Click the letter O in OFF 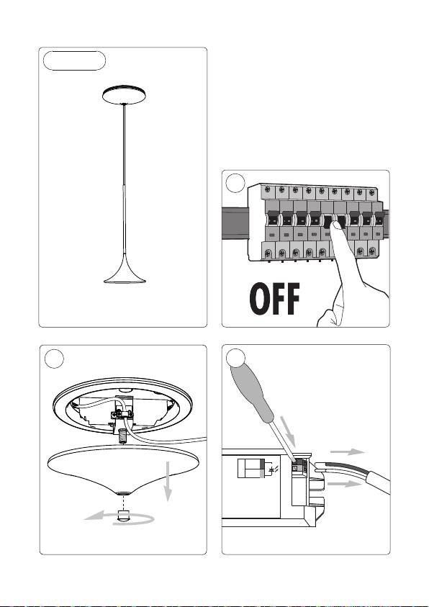(x=260, y=299)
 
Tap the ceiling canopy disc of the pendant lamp (x=124, y=95)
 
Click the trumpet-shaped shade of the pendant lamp (x=125, y=272)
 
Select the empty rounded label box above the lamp (x=74, y=60)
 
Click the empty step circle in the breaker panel (x=235, y=183)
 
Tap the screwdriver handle (x=252, y=393)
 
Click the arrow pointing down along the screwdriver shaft (x=288, y=431)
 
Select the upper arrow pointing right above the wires (x=348, y=451)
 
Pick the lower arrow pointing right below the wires (x=344, y=484)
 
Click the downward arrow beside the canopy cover (x=168, y=481)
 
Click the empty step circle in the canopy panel (x=54, y=359)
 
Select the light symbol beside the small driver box (x=273, y=470)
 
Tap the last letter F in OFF (x=293, y=299)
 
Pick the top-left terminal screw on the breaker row (x=267, y=189)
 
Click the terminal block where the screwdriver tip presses (x=299, y=465)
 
